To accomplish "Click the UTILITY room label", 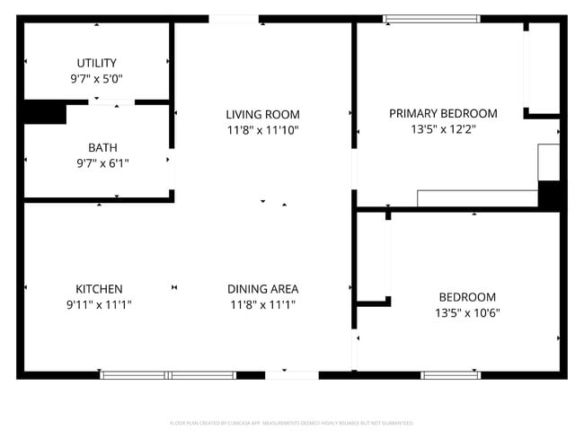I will click(x=96, y=63).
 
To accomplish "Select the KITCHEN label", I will click(x=99, y=289).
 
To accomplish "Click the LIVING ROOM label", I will click(x=262, y=115).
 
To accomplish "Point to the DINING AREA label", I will click(x=262, y=289).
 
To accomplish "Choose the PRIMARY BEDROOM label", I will click(x=443, y=113).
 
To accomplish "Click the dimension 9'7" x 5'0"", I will click(x=96, y=78).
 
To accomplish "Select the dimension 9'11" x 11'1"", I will click(x=99, y=304).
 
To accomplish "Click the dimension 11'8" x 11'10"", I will click(x=262, y=130).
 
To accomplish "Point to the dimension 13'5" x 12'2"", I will click(x=443, y=128).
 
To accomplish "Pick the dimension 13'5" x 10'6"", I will click(x=467, y=313).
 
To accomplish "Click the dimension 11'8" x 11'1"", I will click(x=262, y=304).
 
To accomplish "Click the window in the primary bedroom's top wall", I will click(x=431, y=19).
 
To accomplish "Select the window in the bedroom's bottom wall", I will click(x=450, y=374).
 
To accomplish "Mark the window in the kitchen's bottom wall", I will click(x=168, y=374).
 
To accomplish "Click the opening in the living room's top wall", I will click(x=234, y=19).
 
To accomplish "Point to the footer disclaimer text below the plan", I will click(x=292, y=423).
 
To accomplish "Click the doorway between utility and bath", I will click(x=111, y=102).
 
